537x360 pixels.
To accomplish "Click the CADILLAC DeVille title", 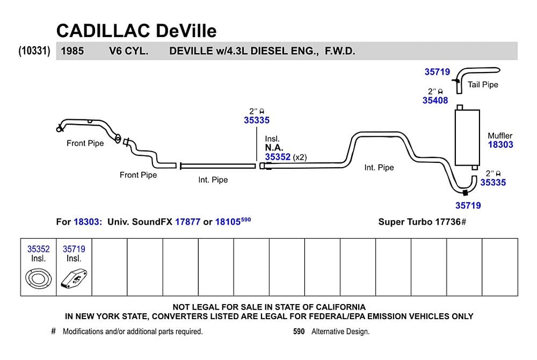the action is coord(136,31).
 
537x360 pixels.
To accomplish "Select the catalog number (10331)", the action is coord(34,51).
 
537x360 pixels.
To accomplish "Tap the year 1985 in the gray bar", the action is coord(72,51).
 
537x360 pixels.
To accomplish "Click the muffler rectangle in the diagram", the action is coord(467,138).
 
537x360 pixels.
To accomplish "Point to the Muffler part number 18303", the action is coord(500,145).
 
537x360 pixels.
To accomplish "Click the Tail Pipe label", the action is coord(483,84).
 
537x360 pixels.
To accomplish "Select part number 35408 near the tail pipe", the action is coord(435,100).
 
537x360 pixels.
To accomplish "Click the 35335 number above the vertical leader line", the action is coord(257,120).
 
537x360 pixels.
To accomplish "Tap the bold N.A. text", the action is coord(274,148).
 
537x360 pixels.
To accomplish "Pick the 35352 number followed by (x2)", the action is coord(278,157).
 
